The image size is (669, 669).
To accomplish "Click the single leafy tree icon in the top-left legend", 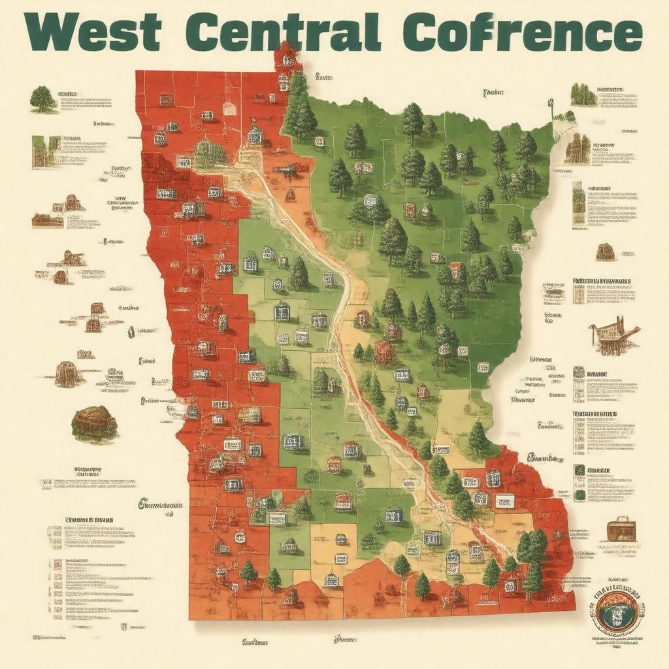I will pos(43,99).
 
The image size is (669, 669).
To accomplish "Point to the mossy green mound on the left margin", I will pos(94,423).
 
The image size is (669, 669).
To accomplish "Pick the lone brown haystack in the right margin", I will pos(605,252).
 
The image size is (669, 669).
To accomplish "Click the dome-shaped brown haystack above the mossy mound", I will pos(69,374).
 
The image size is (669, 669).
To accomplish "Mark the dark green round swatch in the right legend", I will pos(579,495).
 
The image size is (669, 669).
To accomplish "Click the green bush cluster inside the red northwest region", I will pos(210,154).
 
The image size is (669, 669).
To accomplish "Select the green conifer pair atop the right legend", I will pos(583,95).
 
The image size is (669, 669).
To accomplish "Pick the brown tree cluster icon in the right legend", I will pos(577,150).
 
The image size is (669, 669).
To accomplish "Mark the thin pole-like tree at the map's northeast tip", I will pos(551,108).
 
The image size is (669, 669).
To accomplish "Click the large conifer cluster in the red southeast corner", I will pos(532,555).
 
